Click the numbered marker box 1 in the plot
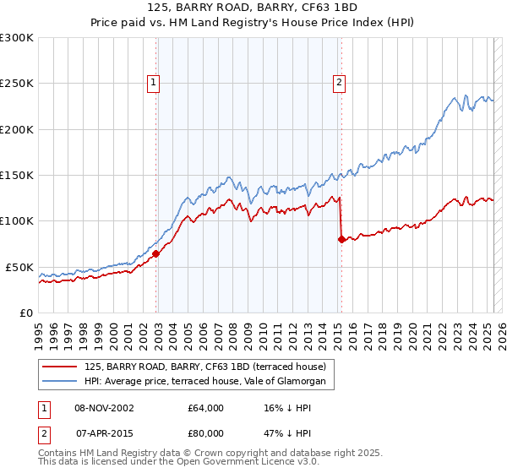[x=153, y=82]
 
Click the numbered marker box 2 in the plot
[x=339, y=82]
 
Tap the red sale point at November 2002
[x=156, y=253]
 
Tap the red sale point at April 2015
[x=341, y=239]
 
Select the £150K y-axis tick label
[x=17, y=175]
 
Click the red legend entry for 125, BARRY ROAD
[x=210, y=367]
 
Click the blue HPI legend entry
[x=210, y=382]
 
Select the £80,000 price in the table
[x=206, y=432]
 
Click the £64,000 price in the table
[x=206, y=408]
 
